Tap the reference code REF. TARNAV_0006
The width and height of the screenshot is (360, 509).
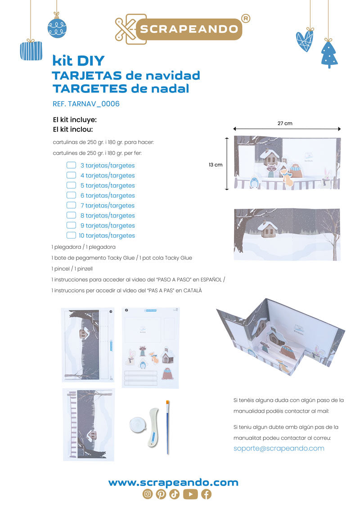pos(86,104)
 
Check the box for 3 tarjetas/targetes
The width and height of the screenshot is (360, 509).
pos(71,165)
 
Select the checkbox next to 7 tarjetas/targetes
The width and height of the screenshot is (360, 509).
pos(71,205)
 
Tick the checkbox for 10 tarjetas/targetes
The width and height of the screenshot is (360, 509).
pos(71,235)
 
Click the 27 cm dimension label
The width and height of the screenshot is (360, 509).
pos(285,123)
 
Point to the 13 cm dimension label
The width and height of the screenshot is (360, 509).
pos(216,165)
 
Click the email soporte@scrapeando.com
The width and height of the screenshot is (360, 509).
pos(279,448)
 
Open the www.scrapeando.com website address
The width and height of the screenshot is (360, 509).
pos(173,482)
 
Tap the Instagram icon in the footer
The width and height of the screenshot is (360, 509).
pos(147,494)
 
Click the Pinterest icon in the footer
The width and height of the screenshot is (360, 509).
pos(161,494)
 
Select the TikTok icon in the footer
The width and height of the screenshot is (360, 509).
pos(175,494)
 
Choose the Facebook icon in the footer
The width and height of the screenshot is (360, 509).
pos(206,494)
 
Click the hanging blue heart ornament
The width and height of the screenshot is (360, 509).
pos(305,40)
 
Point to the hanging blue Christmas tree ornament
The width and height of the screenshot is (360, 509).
pos(329,54)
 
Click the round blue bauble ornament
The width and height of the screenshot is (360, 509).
pos(57,28)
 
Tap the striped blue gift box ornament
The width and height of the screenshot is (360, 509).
pos(31,50)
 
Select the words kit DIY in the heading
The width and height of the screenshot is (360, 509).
pos(79,61)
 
